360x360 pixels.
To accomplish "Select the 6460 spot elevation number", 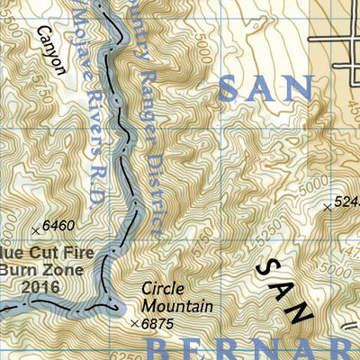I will [x=57, y=225].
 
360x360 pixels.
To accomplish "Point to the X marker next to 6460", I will [x=36, y=226].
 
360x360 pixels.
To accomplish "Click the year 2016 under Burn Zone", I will [x=42, y=287].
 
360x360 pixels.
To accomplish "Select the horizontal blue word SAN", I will [x=267, y=89].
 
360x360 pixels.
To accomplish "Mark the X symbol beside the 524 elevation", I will [x=326, y=207].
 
